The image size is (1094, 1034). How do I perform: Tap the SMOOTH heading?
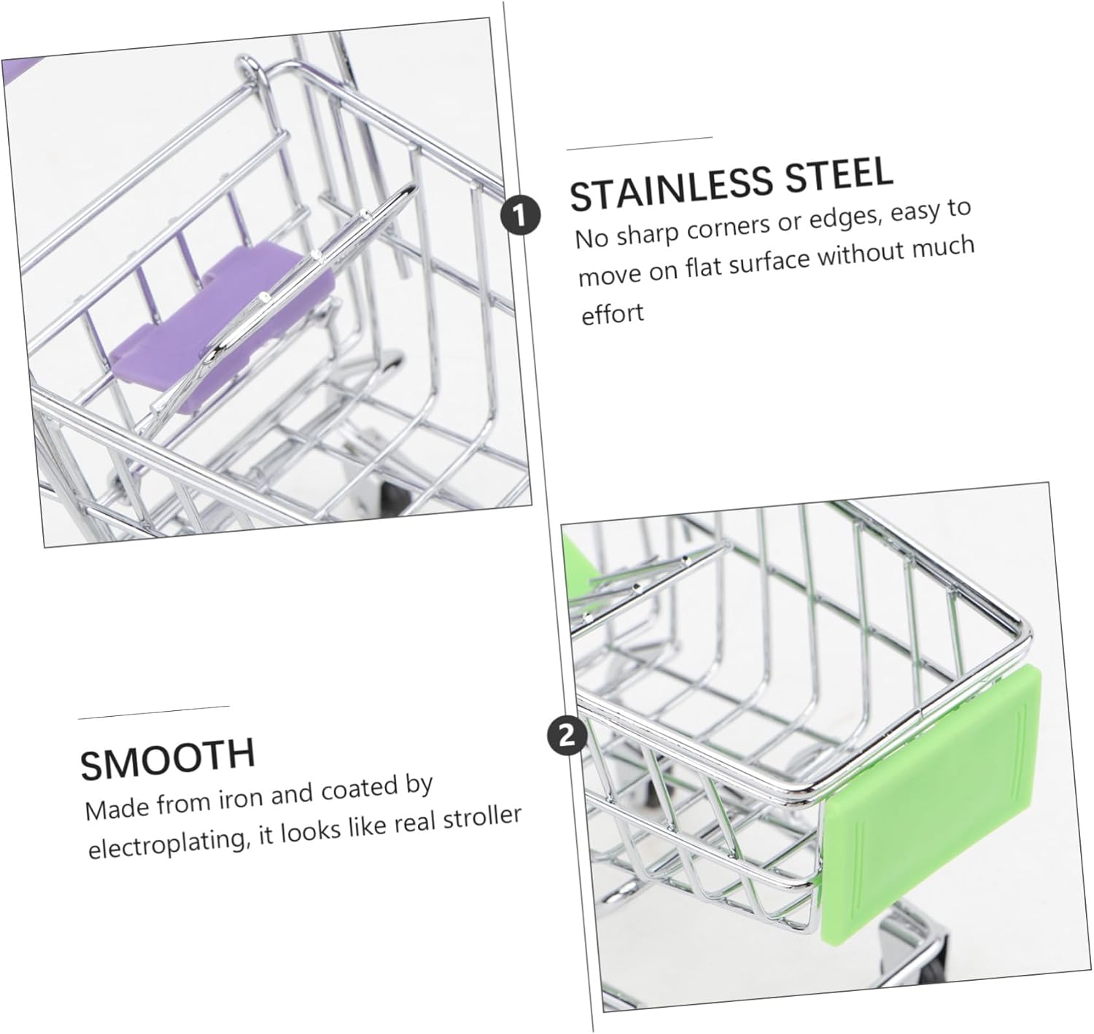click(x=168, y=758)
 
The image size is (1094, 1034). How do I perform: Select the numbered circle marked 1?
click(x=520, y=215)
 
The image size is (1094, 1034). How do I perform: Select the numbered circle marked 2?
click(x=567, y=736)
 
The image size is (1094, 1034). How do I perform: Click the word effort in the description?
click(x=612, y=313)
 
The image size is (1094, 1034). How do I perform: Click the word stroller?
click(x=482, y=817)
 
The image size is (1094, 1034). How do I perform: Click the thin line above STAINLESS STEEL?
click(x=640, y=143)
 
